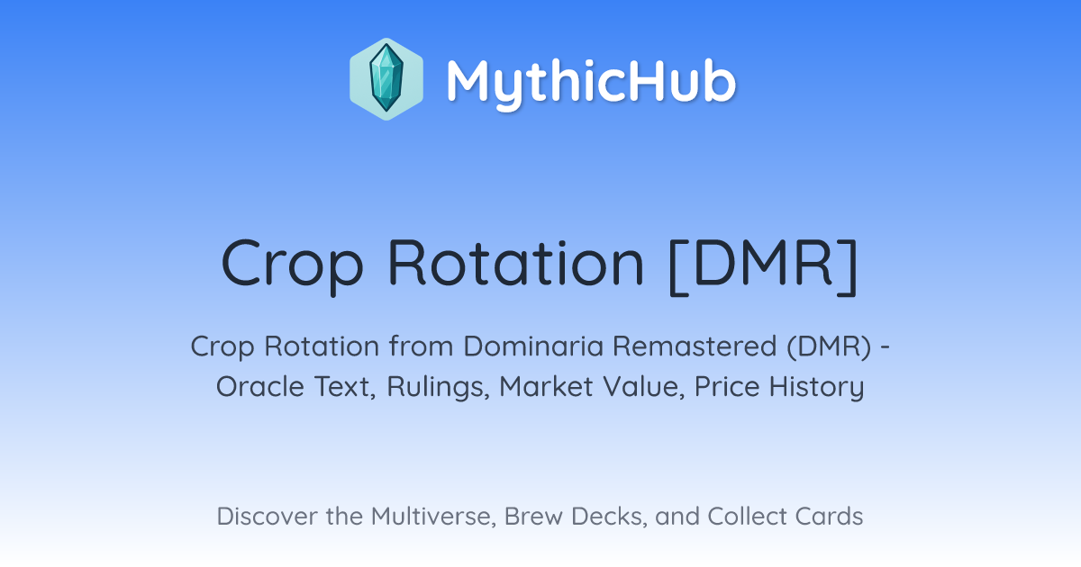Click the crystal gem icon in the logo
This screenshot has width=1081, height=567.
pyautogui.click(x=386, y=79)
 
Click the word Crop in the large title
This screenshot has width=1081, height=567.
pyautogui.click(x=292, y=265)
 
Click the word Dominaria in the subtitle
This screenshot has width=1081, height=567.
pyautogui.click(x=533, y=346)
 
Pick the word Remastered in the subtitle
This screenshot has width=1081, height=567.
pyautogui.click(x=694, y=346)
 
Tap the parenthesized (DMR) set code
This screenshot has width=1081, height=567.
pyautogui.click(x=829, y=346)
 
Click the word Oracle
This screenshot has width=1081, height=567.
pyautogui.click(x=260, y=387)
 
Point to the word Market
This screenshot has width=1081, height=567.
pyautogui.click(x=546, y=386)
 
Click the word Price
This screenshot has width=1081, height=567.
pyautogui.click(x=727, y=386)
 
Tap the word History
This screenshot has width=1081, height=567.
pyautogui.click(x=816, y=388)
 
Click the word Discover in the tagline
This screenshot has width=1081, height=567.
pyautogui.click(x=266, y=516)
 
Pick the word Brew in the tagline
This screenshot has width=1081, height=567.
pyautogui.click(x=533, y=516)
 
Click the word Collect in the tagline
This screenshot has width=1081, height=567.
pyautogui.click(x=746, y=516)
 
